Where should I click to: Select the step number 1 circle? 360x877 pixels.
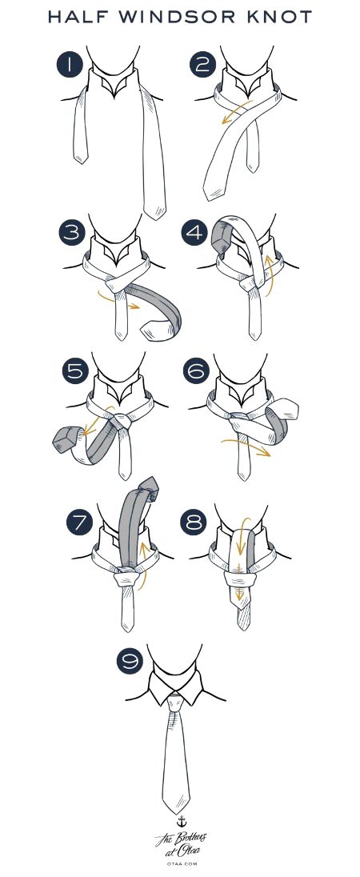(70, 64)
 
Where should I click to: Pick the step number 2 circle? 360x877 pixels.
(202, 64)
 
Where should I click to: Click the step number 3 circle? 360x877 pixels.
(71, 232)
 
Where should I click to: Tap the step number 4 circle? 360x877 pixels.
(194, 232)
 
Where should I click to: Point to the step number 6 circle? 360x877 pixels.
(196, 370)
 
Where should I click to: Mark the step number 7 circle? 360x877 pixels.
(79, 523)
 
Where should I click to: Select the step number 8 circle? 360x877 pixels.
(194, 523)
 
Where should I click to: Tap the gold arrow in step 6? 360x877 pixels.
(246, 445)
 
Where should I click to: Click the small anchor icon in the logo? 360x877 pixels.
(181, 821)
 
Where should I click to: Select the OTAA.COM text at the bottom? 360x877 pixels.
(180, 863)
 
